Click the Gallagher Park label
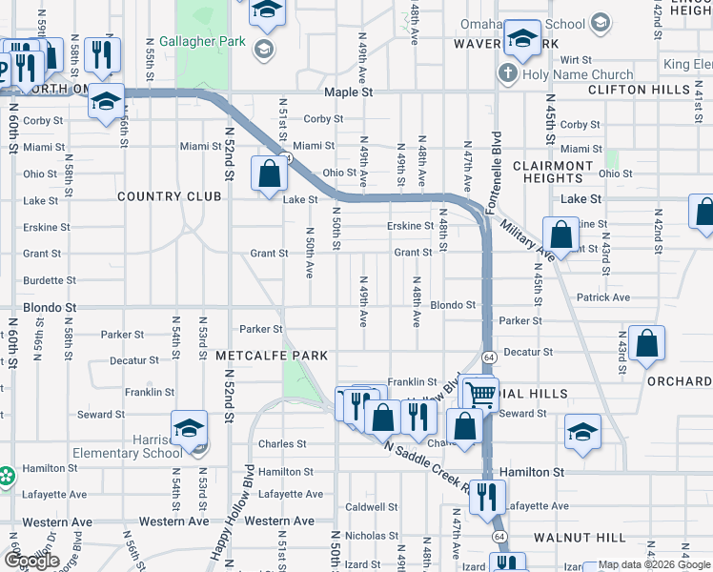[x=190, y=42]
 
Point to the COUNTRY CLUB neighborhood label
[x=169, y=196]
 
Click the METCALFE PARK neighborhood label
[x=272, y=356]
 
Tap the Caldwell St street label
[x=371, y=507]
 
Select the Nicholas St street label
[x=364, y=536]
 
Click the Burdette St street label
[x=50, y=280]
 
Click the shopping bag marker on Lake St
[x=270, y=175]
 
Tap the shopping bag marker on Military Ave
[x=561, y=234]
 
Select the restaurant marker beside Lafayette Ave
[x=487, y=498]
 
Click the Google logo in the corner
[x=31, y=562]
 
